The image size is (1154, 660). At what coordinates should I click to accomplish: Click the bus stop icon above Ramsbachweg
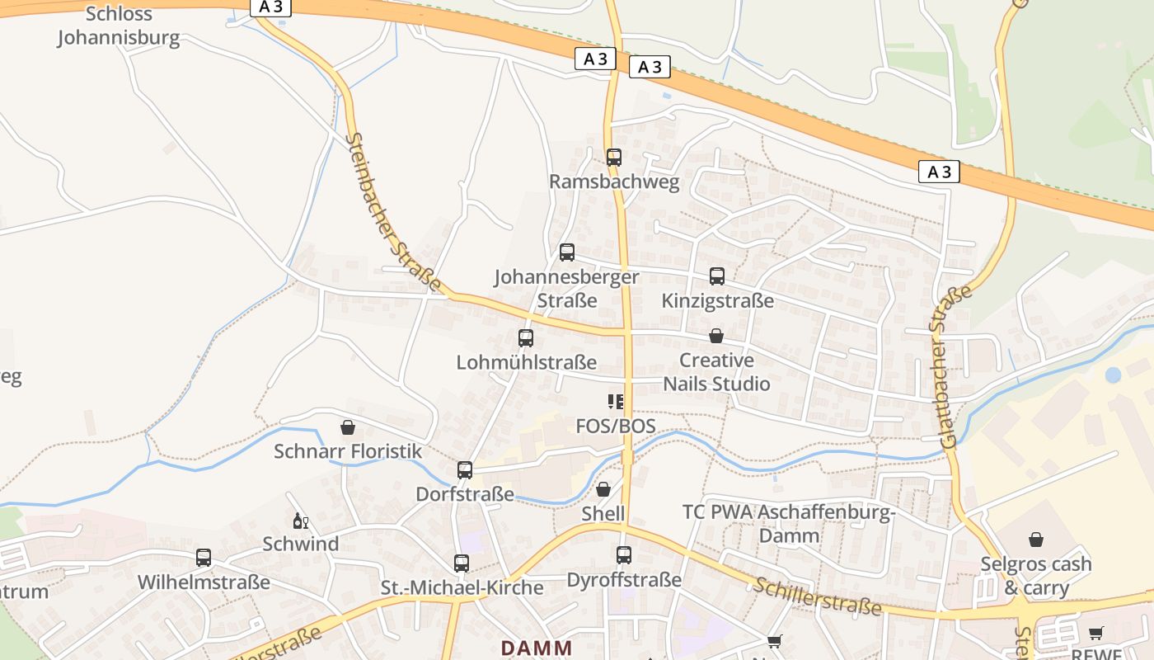point(613,157)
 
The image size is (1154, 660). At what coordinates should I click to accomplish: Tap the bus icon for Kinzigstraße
point(717,276)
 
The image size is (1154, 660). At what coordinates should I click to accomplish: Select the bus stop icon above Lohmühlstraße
point(526,337)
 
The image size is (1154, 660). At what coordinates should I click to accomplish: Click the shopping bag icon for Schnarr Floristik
point(348,427)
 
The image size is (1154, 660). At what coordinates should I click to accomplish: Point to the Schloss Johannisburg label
point(119,26)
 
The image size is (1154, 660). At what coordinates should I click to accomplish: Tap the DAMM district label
point(537,648)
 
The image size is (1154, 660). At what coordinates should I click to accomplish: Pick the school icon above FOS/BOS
point(616,402)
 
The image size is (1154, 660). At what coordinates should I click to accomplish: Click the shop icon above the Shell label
point(603,489)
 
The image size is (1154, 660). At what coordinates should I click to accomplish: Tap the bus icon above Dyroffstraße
point(624,555)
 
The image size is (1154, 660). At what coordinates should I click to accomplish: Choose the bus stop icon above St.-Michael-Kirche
point(462,563)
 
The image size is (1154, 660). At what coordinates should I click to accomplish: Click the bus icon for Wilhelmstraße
point(204,558)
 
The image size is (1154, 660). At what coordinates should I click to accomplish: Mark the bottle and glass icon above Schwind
point(300,521)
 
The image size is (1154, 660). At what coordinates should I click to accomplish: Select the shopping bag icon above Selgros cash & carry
point(1036,540)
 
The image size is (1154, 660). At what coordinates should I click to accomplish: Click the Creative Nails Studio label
point(716,372)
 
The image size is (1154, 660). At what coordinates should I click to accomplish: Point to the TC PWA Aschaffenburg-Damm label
point(789,523)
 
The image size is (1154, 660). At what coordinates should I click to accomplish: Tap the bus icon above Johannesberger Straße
point(567,252)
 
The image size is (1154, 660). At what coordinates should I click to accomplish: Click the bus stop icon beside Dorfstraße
point(465,470)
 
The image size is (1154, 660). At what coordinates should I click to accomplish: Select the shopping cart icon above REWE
point(1095,634)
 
